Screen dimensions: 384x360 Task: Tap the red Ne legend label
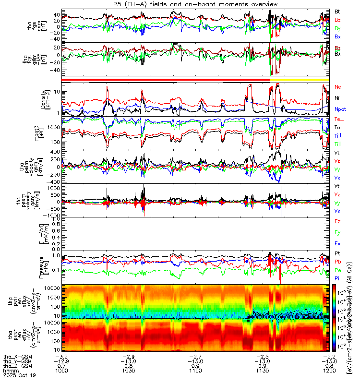tap(338, 87)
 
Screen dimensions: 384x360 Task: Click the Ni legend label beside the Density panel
tap(337, 98)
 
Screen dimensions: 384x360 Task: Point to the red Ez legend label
tap(337, 221)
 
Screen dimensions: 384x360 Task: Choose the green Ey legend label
tap(337, 232)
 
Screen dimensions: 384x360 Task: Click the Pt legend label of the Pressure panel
tap(337, 252)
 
